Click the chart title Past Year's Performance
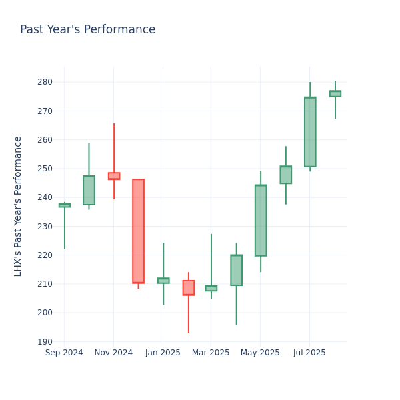pyautogui.click(x=87, y=30)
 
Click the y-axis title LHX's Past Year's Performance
pyautogui.click(x=18, y=206)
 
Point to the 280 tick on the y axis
pyautogui.click(x=44, y=82)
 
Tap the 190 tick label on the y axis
pyautogui.click(x=44, y=341)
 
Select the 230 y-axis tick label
pyautogui.click(x=44, y=226)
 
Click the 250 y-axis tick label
pyautogui.click(x=44, y=169)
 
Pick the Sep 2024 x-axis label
pyautogui.click(x=64, y=353)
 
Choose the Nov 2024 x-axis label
pyautogui.click(x=113, y=353)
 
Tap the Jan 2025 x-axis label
pyautogui.click(x=163, y=353)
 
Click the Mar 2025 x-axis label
pyautogui.click(x=211, y=353)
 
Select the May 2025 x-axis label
pyautogui.click(x=260, y=353)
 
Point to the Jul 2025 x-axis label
pyautogui.click(x=309, y=353)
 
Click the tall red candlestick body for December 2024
pyautogui.click(x=138, y=231)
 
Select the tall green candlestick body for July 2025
pyautogui.click(x=310, y=132)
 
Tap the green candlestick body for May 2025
pyautogui.click(x=261, y=220)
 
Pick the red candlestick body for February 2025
pyautogui.click(x=189, y=287)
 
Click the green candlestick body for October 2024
pyautogui.click(x=89, y=190)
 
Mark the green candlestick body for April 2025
pyautogui.click(x=236, y=270)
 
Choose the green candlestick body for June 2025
pyautogui.click(x=285, y=175)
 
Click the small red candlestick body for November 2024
pyautogui.click(x=114, y=176)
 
